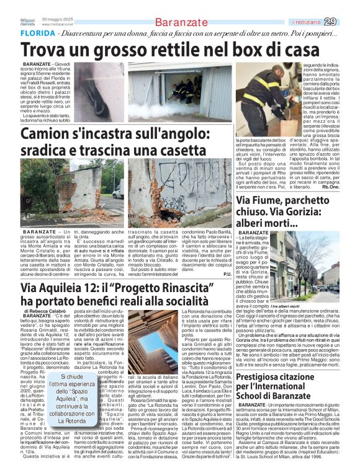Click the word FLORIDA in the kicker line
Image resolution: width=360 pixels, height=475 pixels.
[36, 32]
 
